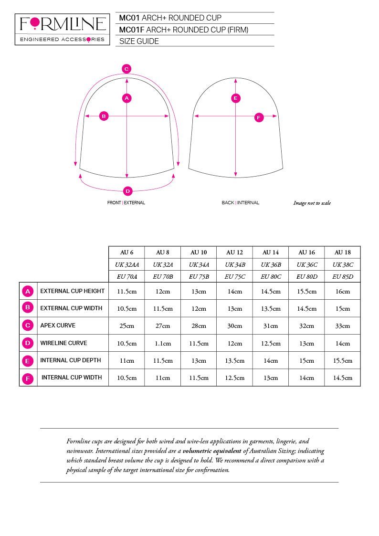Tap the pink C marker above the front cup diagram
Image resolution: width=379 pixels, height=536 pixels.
point(126,68)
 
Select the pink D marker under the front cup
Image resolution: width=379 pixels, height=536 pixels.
point(127,191)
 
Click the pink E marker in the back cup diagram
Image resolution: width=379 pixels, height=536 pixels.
point(235,98)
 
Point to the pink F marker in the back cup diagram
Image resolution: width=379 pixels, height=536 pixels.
point(259,117)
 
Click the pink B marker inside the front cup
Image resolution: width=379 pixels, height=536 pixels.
point(104,116)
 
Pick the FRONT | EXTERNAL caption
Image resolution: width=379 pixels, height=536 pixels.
point(126,203)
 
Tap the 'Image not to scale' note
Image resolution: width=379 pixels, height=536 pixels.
point(312,203)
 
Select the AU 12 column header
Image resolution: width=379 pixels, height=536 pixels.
point(234,252)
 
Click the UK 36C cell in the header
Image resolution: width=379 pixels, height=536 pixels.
point(306,264)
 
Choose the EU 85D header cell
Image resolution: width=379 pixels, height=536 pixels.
point(342,276)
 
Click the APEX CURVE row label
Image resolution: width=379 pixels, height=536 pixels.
point(58,326)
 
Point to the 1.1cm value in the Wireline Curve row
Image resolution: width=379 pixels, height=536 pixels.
point(163,343)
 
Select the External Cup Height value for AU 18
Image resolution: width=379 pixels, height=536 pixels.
point(342,291)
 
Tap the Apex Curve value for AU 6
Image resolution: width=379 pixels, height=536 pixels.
point(126,326)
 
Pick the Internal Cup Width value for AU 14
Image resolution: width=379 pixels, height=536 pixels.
point(271,378)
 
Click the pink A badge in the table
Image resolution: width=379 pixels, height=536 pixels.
point(28,291)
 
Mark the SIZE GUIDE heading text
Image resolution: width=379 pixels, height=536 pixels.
point(139,41)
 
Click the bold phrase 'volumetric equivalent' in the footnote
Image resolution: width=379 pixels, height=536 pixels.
point(212,451)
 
